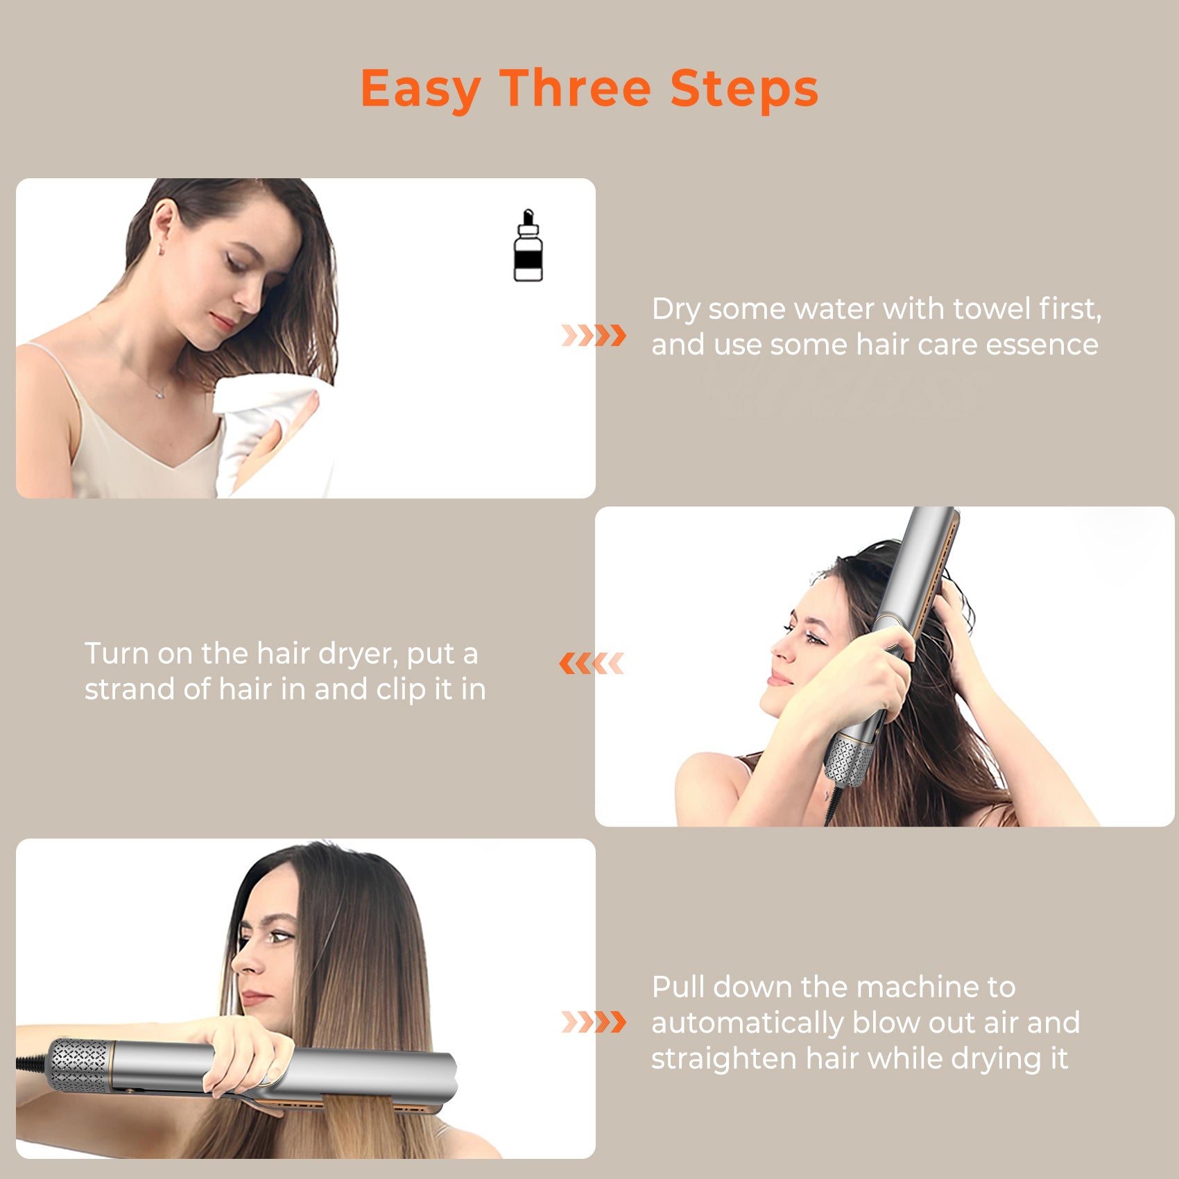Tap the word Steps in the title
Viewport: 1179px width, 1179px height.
[x=744, y=89]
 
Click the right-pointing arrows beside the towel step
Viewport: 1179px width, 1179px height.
[x=594, y=335]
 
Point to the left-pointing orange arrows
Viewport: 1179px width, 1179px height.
[x=592, y=664]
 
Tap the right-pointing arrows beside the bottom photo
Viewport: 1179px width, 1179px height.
[x=594, y=1022]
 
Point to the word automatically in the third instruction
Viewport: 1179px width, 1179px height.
[x=747, y=1023]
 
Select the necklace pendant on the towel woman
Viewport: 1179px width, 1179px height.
[x=161, y=393]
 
